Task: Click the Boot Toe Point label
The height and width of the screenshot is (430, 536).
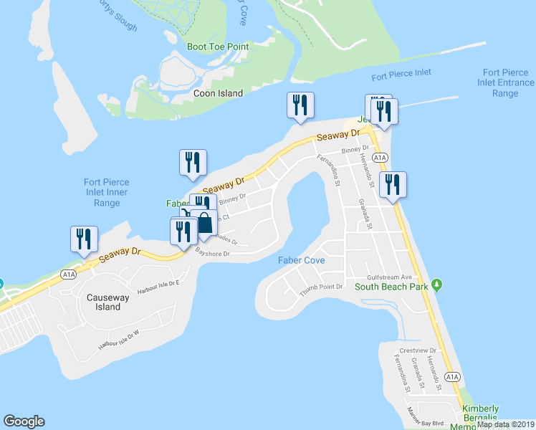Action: [x=217, y=47]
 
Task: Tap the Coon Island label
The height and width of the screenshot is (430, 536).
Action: [x=219, y=93]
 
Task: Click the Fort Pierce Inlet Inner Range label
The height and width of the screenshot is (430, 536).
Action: [x=106, y=192]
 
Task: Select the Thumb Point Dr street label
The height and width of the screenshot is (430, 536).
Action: [x=322, y=286]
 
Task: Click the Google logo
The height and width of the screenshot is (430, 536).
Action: [x=24, y=421]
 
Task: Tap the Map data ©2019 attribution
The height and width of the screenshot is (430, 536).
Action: [x=505, y=424]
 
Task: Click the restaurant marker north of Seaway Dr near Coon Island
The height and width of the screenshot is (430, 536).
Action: [x=299, y=105]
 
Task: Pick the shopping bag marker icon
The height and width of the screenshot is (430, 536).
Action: [x=204, y=223]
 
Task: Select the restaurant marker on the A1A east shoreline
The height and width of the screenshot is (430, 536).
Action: [x=393, y=184]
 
